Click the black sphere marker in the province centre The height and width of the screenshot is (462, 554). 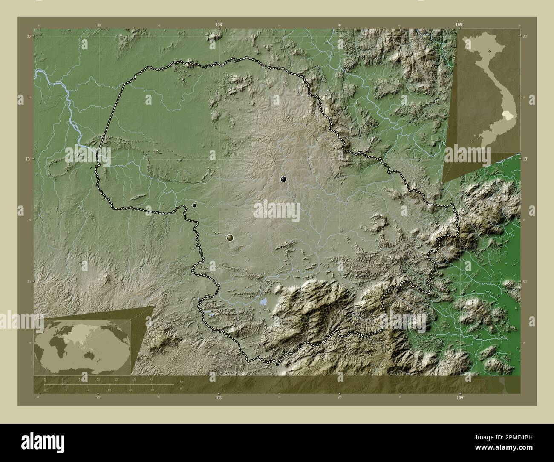tap(283, 179)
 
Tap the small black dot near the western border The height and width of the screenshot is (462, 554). tap(194, 205)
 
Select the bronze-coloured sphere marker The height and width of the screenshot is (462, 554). tap(231, 237)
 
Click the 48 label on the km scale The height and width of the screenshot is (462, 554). tap(151, 379)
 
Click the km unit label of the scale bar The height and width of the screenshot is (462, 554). tap(182, 381)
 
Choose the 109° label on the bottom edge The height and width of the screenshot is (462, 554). tap(459, 398)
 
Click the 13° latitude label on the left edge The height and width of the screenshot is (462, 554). tap(28, 159)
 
